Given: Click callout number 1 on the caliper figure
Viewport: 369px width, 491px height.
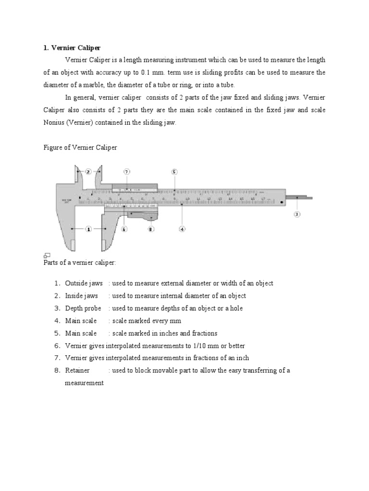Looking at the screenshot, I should (88, 229).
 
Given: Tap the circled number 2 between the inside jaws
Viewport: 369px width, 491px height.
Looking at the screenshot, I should (88, 171).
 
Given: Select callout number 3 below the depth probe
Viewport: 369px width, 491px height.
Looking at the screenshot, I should (297, 214).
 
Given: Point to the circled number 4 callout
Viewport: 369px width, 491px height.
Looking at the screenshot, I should (182, 229).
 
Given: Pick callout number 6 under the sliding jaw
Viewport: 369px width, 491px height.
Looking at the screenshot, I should (124, 229).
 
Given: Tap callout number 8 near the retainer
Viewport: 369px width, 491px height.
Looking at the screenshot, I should (151, 229).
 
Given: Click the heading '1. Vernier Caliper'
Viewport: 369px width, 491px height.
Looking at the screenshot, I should (72, 48).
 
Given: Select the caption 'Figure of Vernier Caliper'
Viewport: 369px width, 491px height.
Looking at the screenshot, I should (80, 148).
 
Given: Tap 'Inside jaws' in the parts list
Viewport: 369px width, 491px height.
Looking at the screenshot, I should (81, 296).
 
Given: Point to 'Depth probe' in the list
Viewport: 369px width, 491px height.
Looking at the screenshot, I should (83, 308).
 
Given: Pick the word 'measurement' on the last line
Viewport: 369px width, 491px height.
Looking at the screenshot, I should (85, 383).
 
